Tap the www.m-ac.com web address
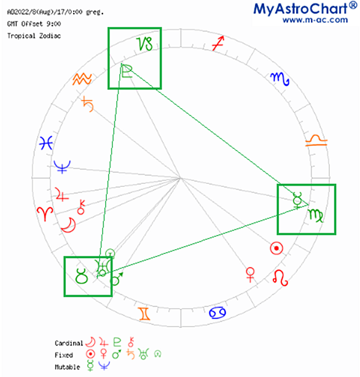pyautogui.click(x=315, y=20)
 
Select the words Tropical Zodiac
pyautogui.click(x=34, y=36)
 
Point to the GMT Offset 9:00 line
pyautogui.click(x=34, y=24)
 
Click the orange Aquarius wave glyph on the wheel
pyautogui.click(x=82, y=79)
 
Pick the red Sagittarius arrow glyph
pyautogui.click(x=218, y=43)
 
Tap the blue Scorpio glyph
pyautogui.click(x=280, y=79)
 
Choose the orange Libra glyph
pyautogui.click(x=316, y=141)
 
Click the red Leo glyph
pyautogui.click(x=280, y=278)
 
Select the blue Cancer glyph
pyautogui.click(x=217, y=313)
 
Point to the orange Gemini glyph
pyautogui.click(x=144, y=314)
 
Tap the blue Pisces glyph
pyautogui.click(x=46, y=143)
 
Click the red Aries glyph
pyautogui.click(x=45, y=213)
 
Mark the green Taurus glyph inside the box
pyautogui.click(x=82, y=276)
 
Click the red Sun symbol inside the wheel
pyautogui.click(x=276, y=248)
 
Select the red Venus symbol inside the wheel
pyautogui.click(x=250, y=274)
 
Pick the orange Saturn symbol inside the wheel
pyautogui.click(x=88, y=104)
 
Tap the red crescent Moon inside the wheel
pyautogui.click(x=69, y=225)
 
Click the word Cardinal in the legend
pyautogui.click(x=69, y=343)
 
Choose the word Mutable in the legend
pyautogui.click(x=68, y=367)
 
